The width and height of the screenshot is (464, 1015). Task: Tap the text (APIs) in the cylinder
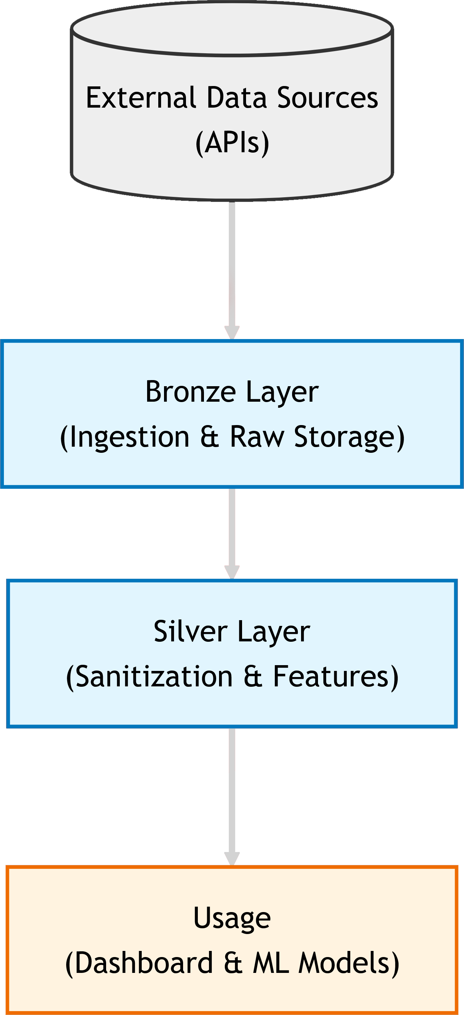(x=232, y=143)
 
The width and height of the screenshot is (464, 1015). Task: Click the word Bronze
(x=190, y=392)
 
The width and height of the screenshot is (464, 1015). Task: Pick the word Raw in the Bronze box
(x=256, y=437)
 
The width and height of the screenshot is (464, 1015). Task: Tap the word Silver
(x=190, y=632)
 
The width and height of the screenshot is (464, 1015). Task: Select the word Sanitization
(x=154, y=677)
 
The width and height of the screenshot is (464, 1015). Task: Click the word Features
(x=331, y=677)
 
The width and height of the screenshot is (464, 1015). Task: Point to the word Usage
(x=232, y=918)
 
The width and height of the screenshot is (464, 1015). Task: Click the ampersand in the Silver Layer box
(x=253, y=677)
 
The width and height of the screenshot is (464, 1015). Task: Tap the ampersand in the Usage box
(x=233, y=964)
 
